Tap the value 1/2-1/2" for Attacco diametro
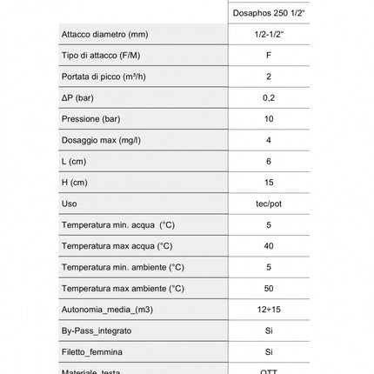pos(269,35)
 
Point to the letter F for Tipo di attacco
pos(269,56)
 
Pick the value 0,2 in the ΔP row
pos(269,98)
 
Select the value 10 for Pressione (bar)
pos(269,119)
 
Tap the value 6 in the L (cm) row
pos(269,162)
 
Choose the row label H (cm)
pos(75,183)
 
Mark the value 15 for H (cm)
pos(269,183)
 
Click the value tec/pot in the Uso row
pos(269,204)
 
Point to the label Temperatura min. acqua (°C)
pos(117,225)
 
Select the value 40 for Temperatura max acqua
pos(269,246)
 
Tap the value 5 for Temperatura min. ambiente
pos(269,267)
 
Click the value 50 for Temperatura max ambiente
pos(269,289)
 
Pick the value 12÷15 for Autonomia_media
pos(269,310)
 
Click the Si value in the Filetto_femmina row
pos(269,352)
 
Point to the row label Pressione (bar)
pos(90,119)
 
